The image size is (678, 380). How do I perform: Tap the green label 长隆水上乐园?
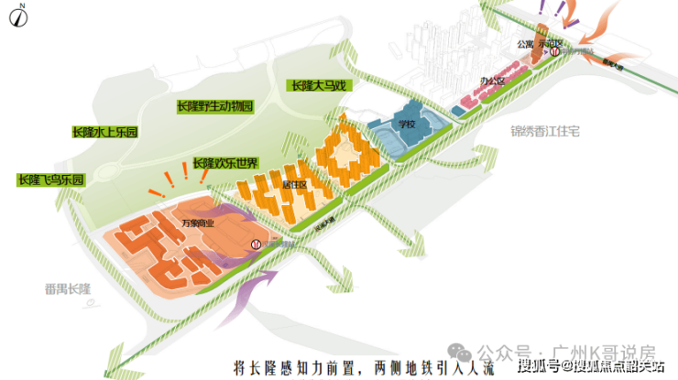(x=105, y=132)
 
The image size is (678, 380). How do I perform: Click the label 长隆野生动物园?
(x=213, y=106)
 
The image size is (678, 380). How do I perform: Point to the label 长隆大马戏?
(x=321, y=85)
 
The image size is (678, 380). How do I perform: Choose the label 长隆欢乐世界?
(x=225, y=163)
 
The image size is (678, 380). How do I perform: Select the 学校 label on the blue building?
(x=407, y=123)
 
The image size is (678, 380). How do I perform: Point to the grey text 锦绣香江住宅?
(x=546, y=131)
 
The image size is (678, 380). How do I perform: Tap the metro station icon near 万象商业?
(x=256, y=244)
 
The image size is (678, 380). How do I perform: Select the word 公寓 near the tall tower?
(x=525, y=42)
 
